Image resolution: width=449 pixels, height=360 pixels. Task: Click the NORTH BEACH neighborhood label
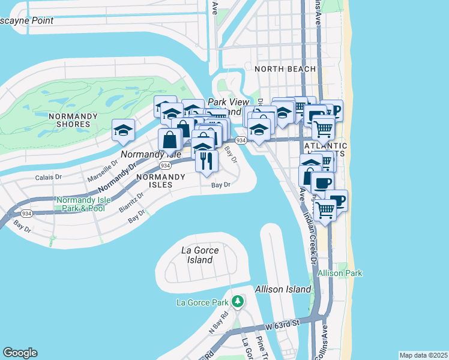285,69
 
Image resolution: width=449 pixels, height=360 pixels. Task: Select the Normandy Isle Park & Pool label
80,204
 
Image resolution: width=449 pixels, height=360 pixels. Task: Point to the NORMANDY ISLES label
162,181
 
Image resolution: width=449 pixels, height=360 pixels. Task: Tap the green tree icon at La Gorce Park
238,301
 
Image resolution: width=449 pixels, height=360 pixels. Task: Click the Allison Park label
340,273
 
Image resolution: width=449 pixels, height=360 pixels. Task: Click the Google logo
20,353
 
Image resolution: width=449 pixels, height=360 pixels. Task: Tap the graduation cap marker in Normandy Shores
122,130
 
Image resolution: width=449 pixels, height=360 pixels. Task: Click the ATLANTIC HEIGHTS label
326,150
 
